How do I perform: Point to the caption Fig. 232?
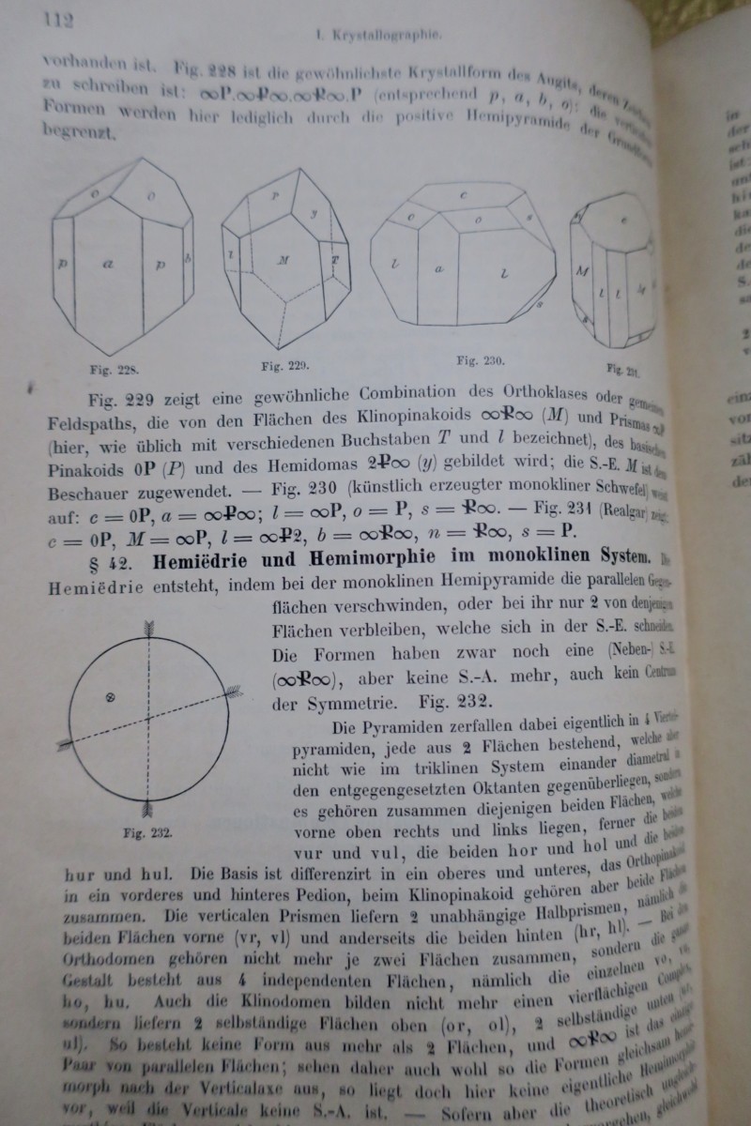point(146,831)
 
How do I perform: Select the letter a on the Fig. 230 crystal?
point(438,269)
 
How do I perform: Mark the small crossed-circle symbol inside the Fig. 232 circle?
point(110,696)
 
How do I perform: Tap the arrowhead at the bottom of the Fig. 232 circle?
point(147,807)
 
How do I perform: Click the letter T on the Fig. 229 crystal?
point(335,258)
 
